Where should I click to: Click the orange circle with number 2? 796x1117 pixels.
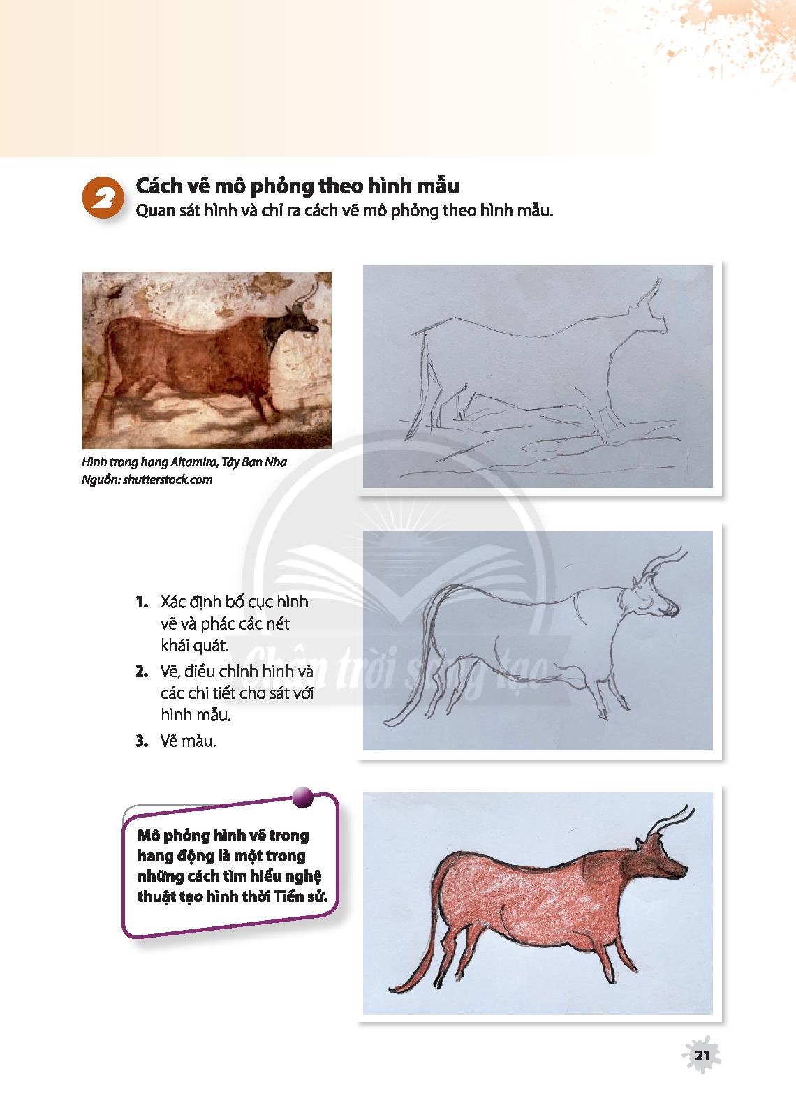[x=102, y=198]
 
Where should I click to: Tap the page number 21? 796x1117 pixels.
[x=702, y=1055]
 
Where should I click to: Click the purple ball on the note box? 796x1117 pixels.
[x=302, y=797]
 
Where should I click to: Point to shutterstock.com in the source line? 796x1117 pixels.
[x=168, y=480]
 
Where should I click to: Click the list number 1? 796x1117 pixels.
[x=142, y=602]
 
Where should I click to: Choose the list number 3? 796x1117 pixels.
[x=142, y=741]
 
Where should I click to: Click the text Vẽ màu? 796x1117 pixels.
[x=189, y=741]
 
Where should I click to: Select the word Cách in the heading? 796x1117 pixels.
[x=159, y=186]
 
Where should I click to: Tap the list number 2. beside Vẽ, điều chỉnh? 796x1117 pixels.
[x=142, y=672]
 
